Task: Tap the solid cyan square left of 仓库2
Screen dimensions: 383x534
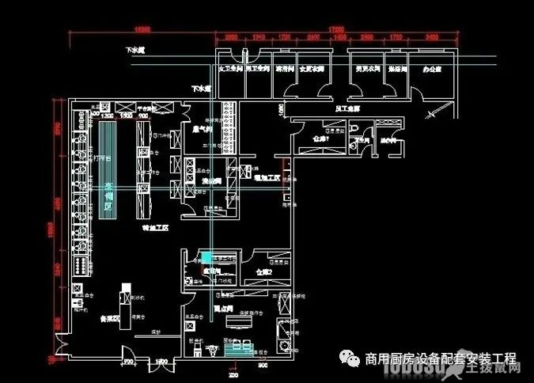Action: pos(206,257)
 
